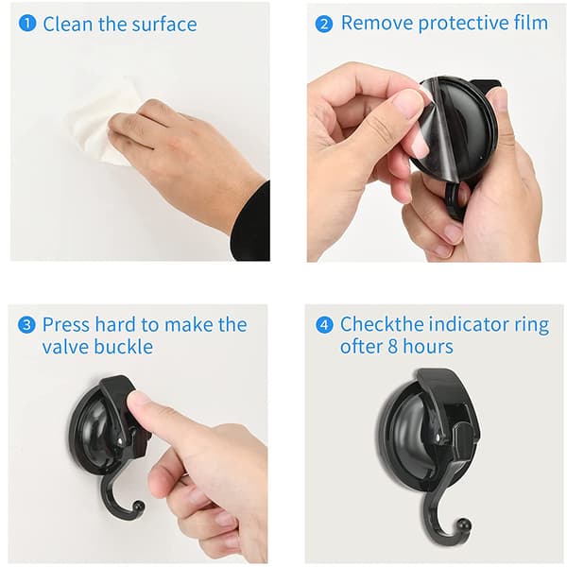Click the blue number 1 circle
[27, 23]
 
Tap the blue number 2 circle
[323, 24]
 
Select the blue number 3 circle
[26, 324]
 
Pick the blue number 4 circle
[324, 324]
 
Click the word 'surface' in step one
[164, 25]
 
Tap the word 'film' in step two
[531, 23]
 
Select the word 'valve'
[65, 347]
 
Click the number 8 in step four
[393, 347]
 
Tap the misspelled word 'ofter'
[361, 347]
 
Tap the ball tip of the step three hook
[139, 506]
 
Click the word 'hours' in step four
[428, 347]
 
